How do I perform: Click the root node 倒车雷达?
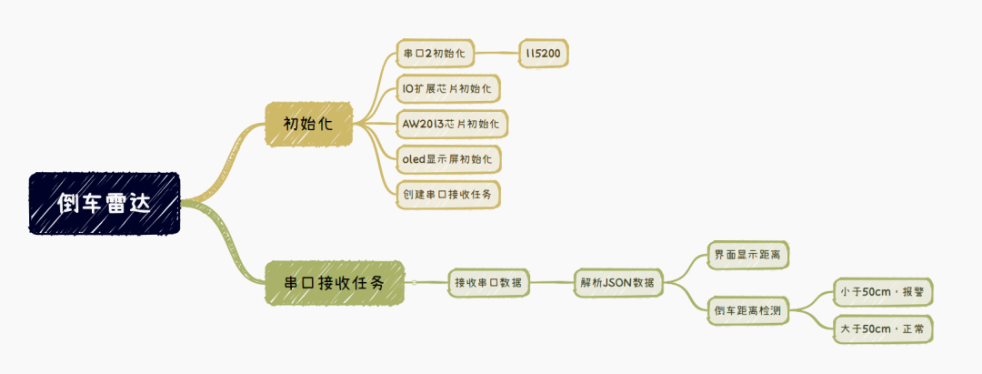click(x=105, y=204)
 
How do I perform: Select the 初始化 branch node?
click(x=308, y=123)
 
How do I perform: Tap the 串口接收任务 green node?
click(x=334, y=283)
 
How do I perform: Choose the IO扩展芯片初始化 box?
click(x=450, y=89)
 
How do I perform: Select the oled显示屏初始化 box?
click(x=449, y=157)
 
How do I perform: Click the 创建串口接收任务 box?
click(x=449, y=193)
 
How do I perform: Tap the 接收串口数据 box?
click(x=489, y=283)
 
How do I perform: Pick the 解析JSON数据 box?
click(x=618, y=283)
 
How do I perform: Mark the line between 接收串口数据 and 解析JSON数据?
click(x=553, y=283)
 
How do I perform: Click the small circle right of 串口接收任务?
click(x=414, y=283)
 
